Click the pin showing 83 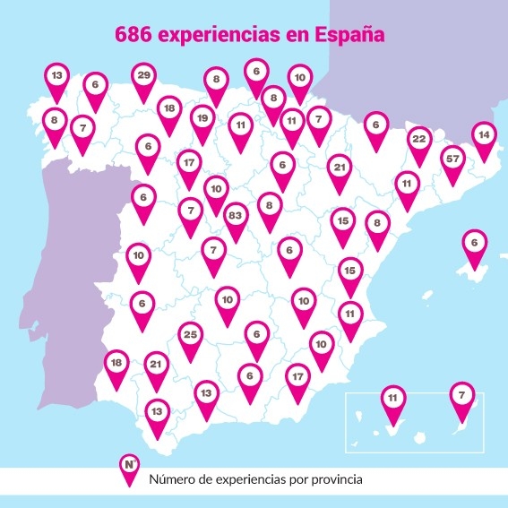(236, 217)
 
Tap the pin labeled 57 (452, 159)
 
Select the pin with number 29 (143, 76)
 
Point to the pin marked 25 (189, 336)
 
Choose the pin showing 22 (418, 140)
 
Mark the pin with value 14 (485, 136)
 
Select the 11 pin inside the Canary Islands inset (392, 398)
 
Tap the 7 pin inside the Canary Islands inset (461, 395)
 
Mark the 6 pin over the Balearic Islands (474, 243)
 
